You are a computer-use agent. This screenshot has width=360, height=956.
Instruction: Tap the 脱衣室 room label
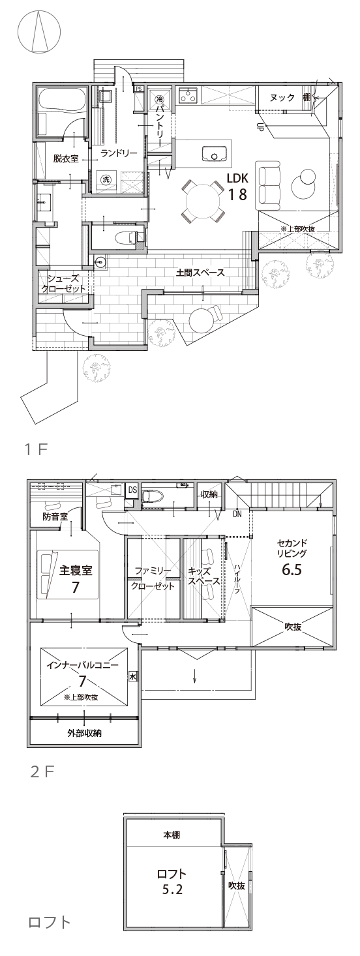click(66, 158)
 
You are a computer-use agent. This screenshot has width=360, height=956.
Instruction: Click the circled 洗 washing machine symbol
click(106, 179)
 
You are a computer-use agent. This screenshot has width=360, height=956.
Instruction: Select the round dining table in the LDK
click(200, 200)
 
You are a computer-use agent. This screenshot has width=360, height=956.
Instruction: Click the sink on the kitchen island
click(215, 155)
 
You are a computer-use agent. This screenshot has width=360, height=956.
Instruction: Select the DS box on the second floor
click(132, 490)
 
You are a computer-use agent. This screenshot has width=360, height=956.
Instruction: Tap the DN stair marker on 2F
click(237, 513)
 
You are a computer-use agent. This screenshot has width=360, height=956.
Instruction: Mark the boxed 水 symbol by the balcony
click(133, 676)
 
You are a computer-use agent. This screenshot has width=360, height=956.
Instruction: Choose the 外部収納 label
click(84, 734)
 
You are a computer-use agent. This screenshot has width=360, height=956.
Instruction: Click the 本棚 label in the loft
click(172, 835)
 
